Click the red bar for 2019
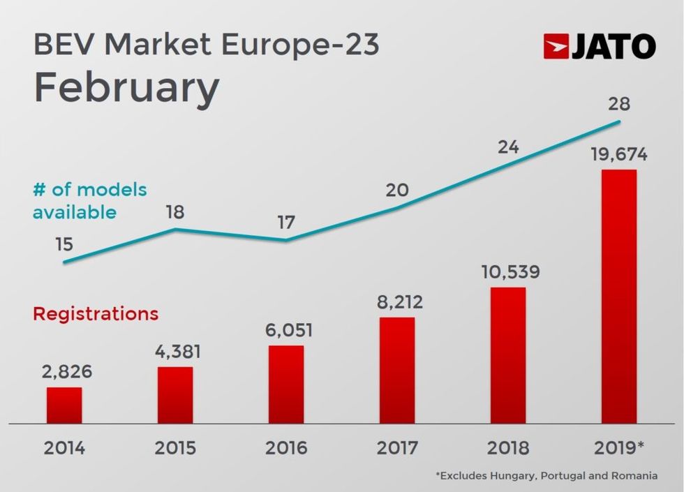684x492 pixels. coord(618,296)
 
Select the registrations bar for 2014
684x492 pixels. coord(64,405)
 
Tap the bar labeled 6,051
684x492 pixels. coord(286,385)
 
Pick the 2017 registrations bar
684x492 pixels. coord(396,371)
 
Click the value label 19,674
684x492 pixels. coord(618,155)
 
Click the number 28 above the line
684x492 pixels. coord(618,104)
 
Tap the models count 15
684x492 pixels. coord(64,244)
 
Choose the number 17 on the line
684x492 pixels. coord(286,223)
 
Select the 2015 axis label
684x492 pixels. coord(174,447)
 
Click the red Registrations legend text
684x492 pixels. coord(96,313)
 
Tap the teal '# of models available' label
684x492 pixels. coord(89,200)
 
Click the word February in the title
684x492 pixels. coord(126,89)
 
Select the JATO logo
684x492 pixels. coord(599,47)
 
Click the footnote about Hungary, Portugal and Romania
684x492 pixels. coord(546,476)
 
